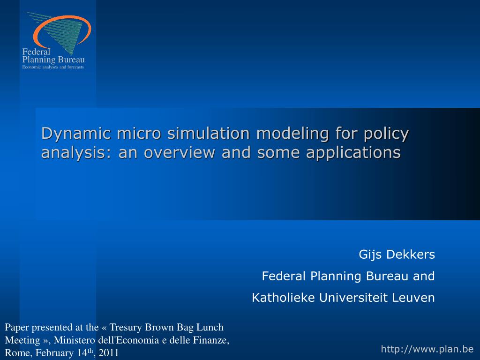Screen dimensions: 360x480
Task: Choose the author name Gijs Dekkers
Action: click(x=397, y=255)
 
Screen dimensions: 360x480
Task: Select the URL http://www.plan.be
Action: click(x=427, y=349)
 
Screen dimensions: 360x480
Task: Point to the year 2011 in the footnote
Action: click(x=109, y=353)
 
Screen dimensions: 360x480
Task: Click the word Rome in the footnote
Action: click(x=15, y=353)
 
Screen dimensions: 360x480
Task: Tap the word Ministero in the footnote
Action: click(x=75, y=340)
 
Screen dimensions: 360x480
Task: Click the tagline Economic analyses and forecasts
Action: click(x=53, y=67)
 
